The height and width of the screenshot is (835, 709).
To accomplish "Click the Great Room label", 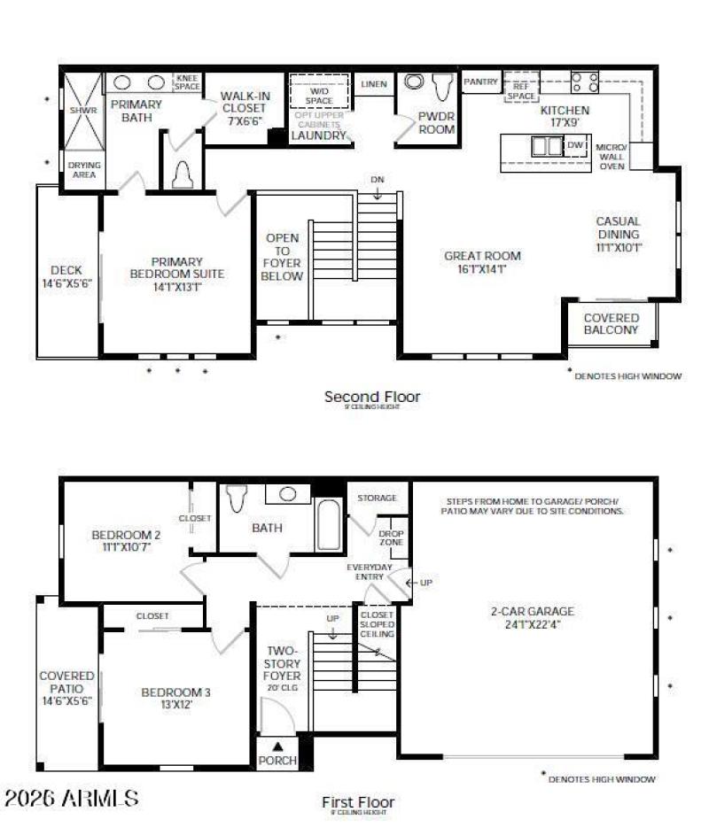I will pyautogui.click(x=482, y=262).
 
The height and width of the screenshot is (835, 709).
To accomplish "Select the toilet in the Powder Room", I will pyautogui.click(x=442, y=86).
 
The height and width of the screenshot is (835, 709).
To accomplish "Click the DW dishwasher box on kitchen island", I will pyautogui.click(x=575, y=145).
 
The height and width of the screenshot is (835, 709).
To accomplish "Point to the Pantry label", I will pyautogui.click(x=481, y=81).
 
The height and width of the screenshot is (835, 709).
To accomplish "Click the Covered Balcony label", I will pyautogui.click(x=611, y=323).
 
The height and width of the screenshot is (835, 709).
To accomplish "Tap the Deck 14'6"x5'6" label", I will pyautogui.click(x=66, y=276).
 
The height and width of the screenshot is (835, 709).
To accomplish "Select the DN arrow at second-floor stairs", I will pyautogui.click(x=378, y=185).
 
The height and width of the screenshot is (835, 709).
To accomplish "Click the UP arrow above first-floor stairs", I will pyautogui.click(x=332, y=622).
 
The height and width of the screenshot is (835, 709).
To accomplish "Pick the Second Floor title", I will pyautogui.click(x=372, y=397).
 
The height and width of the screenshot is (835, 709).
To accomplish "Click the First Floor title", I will pyautogui.click(x=358, y=802).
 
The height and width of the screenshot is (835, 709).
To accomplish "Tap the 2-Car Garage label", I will pyautogui.click(x=532, y=616).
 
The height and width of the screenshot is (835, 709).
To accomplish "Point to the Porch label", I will pyautogui.click(x=277, y=760).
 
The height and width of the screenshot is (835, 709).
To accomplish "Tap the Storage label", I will pyautogui.click(x=378, y=499).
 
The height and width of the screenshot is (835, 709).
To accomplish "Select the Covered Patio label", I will pyautogui.click(x=66, y=687).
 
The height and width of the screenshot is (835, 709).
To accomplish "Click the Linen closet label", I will pyautogui.click(x=374, y=84).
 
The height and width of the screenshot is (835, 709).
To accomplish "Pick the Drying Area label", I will pyautogui.click(x=84, y=169).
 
